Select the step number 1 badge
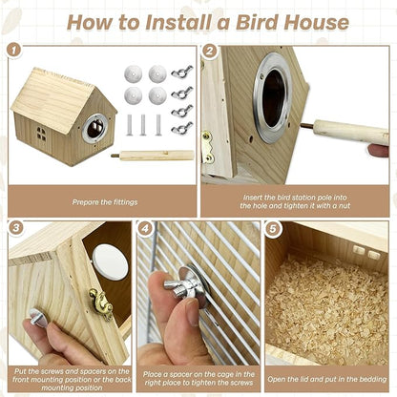(x=13, y=49)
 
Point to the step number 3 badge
(x=16, y=228)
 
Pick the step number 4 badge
(x=144, y=229)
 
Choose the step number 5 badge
(x=273, y=229)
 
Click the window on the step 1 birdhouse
(x=41, y=135)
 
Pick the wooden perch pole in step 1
(x=153, y=154)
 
